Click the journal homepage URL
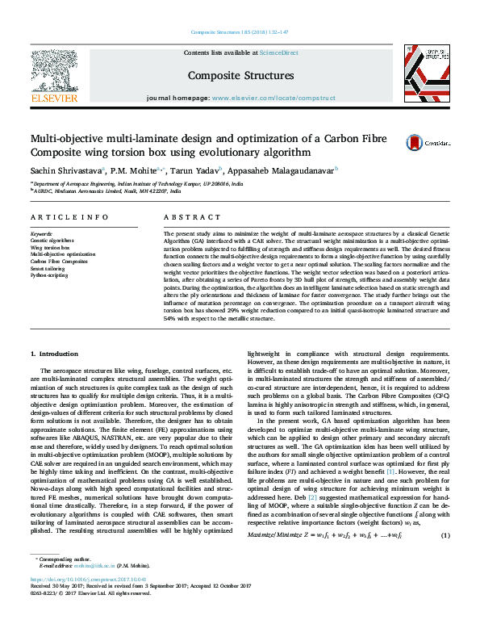tap(273, 97)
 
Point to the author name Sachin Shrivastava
tap(54, 170)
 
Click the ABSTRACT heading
tap(184, 218)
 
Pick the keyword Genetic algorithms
tap(51, 241)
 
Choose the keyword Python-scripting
tap(49, 275)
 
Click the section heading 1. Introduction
tap(54, 354)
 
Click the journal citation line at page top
tap(240, 32)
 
